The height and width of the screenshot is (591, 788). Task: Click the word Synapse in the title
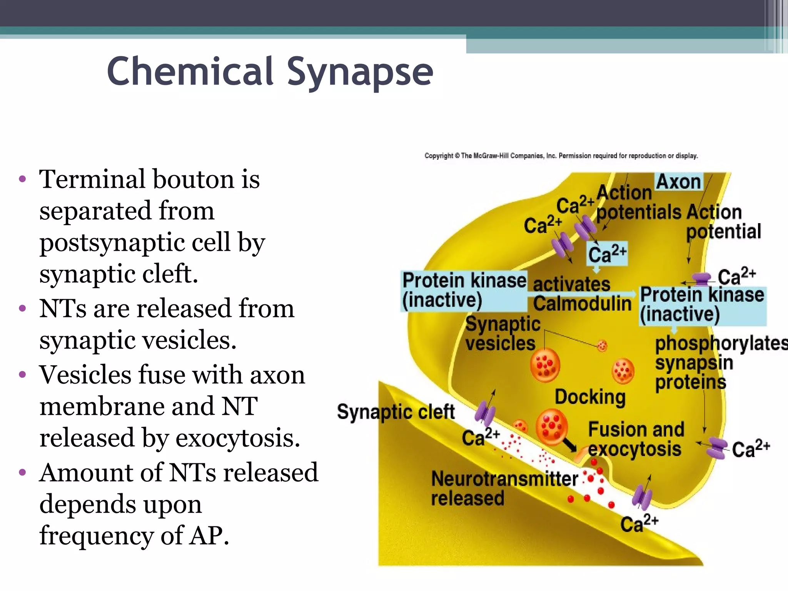coord(360,72)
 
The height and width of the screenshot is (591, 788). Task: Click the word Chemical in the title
coord(190,72)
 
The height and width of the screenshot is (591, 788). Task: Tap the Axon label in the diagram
coord(678,182)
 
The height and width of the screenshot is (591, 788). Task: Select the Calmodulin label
coord(582,304)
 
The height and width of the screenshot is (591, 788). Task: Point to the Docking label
coord(590,397)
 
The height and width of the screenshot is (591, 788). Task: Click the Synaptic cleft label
coord(396,412)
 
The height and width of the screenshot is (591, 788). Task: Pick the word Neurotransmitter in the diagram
coord(504,479)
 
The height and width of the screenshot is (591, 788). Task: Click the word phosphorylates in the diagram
coord(721,343)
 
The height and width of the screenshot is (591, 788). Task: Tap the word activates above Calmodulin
coord(571,284)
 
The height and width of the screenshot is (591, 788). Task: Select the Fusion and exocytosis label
coord(636,439)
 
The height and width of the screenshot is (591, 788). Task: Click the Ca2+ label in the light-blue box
coord(607,254)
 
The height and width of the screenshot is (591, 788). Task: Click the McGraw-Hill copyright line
coord(561,156)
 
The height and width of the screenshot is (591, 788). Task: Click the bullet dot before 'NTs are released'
coord(23,309)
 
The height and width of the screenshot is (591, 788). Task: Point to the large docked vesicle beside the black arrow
coord(552,427)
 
